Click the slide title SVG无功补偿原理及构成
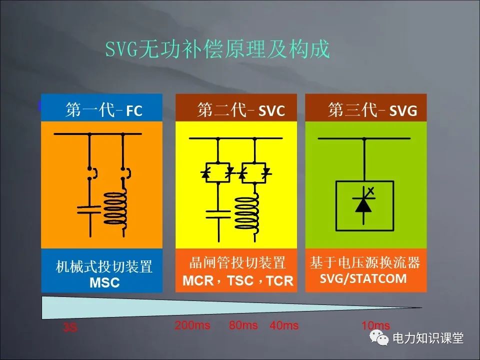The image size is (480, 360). click(x=217, y=50)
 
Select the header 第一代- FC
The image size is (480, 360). click(x=104, y=110)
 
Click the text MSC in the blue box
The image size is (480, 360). click(x=104, y=282)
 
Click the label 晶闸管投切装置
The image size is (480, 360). click(x=237, y=263)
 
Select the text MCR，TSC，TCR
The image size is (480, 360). click(x=237, y=280)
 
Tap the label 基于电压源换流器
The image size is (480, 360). click(x=365, y=263)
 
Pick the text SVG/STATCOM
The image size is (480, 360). click(x=363, y=278)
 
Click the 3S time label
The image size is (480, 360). click(x=70, y=328)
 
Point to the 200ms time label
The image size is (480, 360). click(x=192, y=325)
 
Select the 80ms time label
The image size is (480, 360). click(x=243, y=325)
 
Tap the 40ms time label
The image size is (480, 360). click(x=284, y=326)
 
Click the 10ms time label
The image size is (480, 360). click(x=375, y=326)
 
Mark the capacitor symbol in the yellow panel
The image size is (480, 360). click(x=218, y=214)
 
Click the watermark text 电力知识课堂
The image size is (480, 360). click(x=428, y=338)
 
